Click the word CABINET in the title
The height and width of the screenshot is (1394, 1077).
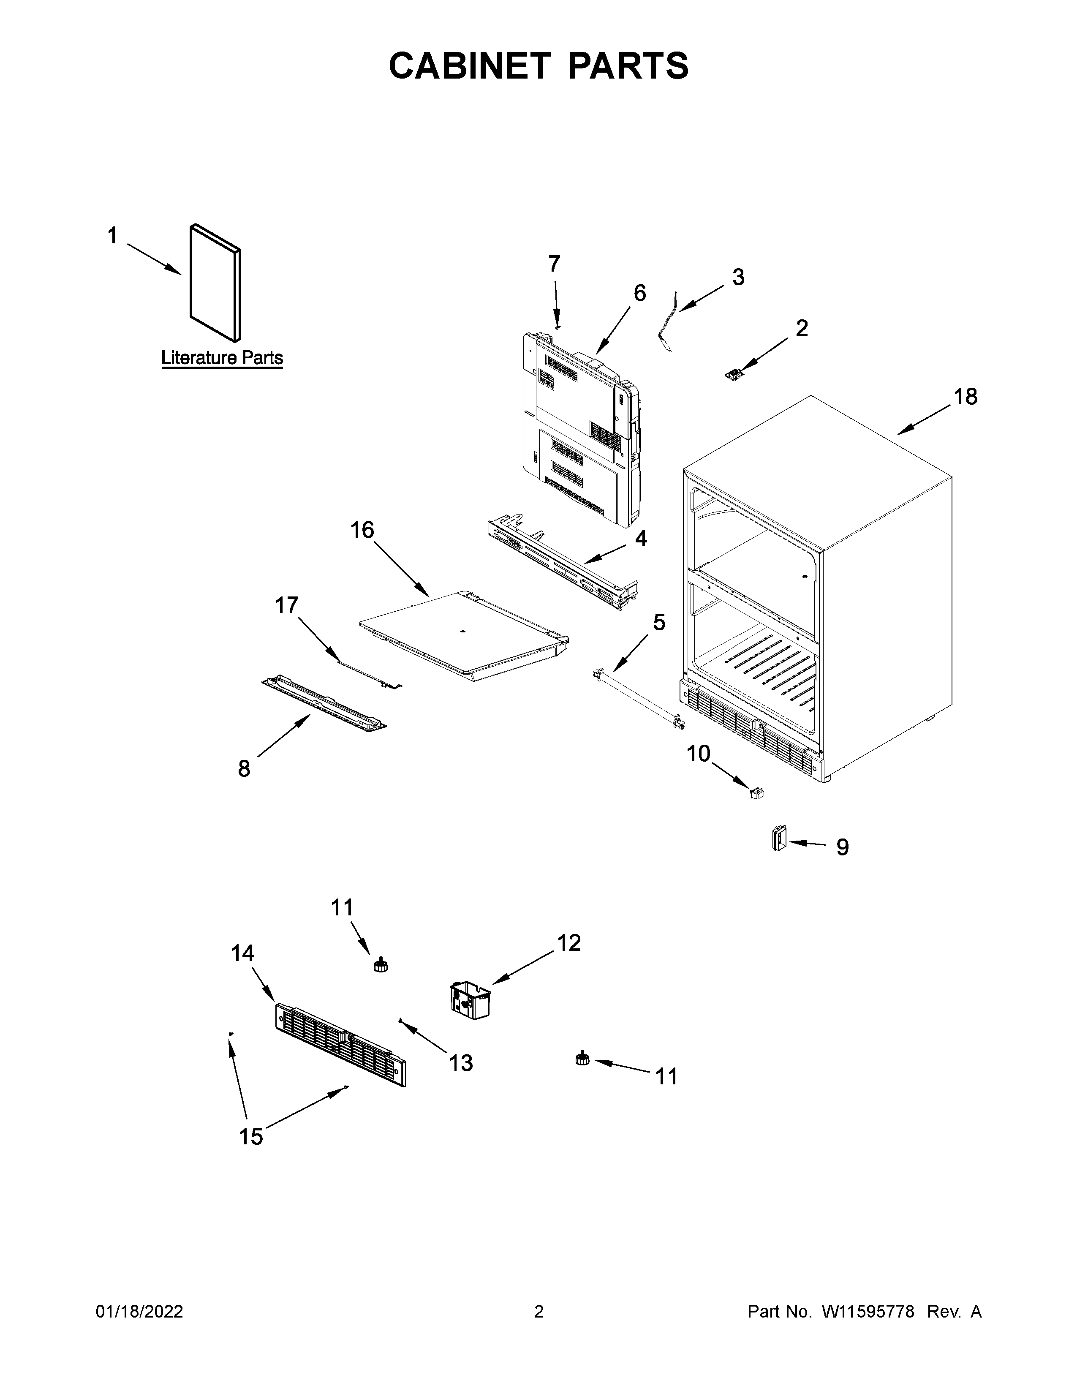(x=469, y=66)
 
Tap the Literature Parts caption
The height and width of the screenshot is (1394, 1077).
(x=222, y=358)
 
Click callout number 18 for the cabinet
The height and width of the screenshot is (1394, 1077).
(x=965, y=397)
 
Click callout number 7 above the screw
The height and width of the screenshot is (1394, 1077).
(x=555, y=263)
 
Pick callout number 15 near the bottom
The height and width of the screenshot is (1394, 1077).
(x=251, y=1137)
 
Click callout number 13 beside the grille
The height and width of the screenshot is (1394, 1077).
(x=461, y=1063)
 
